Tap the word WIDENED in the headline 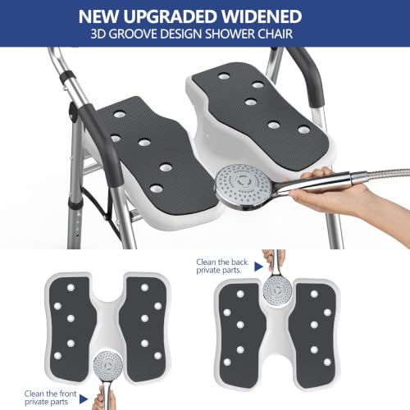(262, 16)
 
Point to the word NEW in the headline (99, 16)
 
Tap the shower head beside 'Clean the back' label (278, 290)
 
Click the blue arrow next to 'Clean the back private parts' (258, 266)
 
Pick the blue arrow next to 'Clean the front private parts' (84, 399)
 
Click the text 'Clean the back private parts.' (221, 266)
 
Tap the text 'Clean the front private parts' (50, 398)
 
